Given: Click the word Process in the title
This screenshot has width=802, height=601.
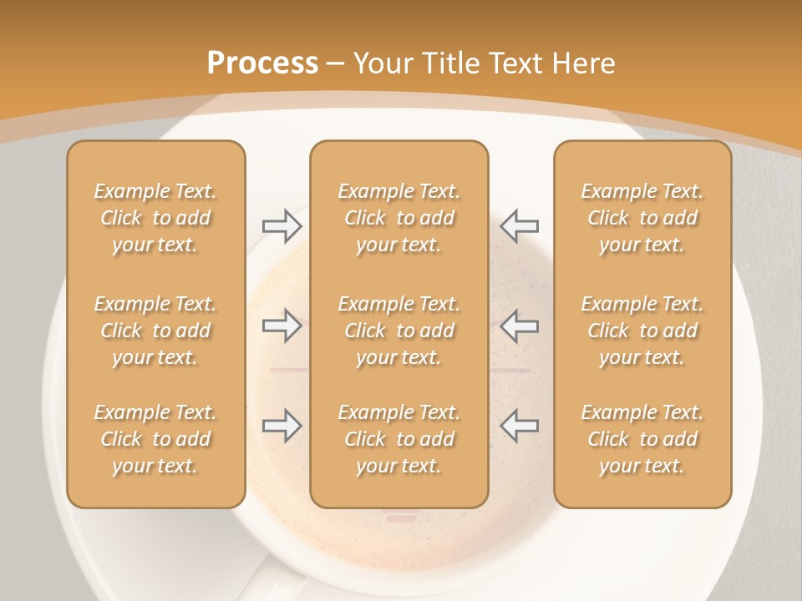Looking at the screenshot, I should point(262,63).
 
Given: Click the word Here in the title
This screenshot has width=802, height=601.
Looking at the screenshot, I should point(583,63).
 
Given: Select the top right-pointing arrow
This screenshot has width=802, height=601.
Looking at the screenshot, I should point(282,226).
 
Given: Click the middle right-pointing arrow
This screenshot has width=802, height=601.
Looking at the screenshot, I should point(282,326).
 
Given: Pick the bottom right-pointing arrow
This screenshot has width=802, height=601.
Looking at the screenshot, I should point(282,426).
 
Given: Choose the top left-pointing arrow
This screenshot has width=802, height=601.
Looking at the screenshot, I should point(520,226).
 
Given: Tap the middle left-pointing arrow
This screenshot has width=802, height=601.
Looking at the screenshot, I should point(520,326).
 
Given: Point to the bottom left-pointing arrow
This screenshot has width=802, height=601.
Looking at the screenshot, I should point(520,426).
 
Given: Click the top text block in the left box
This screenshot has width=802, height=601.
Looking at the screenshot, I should point(155,218).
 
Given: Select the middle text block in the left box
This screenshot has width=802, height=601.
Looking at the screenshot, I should point(155,331).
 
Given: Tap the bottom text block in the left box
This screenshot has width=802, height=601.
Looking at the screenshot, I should point(155,439).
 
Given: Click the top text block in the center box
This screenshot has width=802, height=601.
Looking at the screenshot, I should point(398,218).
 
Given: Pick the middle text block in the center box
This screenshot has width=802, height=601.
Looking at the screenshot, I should point(398,331).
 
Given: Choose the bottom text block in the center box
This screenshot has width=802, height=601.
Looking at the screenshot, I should point(398,439).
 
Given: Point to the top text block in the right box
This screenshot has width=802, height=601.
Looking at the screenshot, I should point(642,218).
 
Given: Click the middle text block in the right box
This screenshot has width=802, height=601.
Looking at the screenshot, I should point(642,331).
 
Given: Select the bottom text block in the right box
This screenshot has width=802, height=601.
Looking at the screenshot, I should point(642,439).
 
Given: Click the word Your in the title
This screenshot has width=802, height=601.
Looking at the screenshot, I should point(381,63).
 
